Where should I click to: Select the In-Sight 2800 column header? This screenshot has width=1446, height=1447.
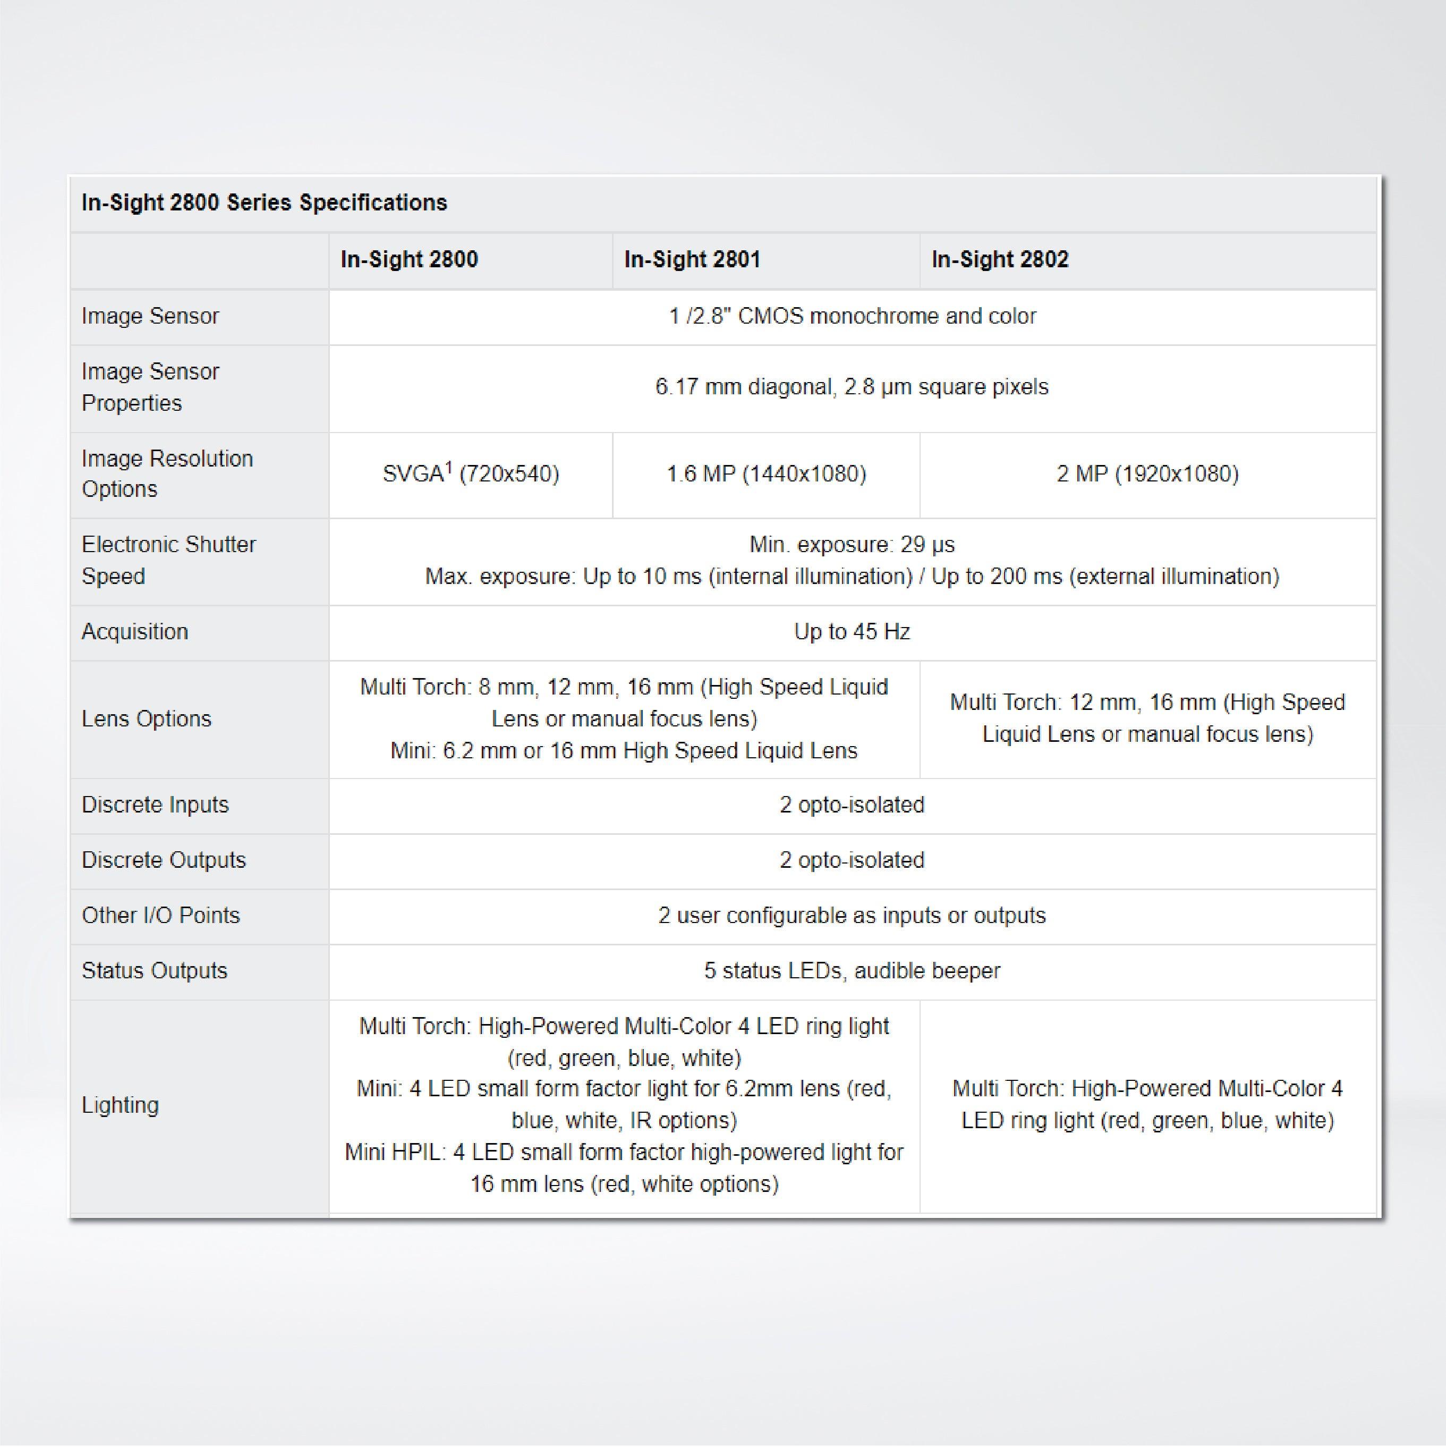pos(409,260)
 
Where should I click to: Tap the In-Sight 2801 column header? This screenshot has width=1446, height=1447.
pos(692,260)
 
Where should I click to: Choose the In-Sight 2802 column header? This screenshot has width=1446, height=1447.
pos(1000,260)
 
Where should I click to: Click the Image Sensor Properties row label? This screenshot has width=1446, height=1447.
pos(150,387)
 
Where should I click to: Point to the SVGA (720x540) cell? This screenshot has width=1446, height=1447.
pos(470,474)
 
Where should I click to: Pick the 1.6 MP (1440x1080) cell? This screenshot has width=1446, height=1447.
pos(766,474)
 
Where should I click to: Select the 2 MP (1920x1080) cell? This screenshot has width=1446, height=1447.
pos(1147,474)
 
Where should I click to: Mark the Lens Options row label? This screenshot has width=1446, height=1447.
pos(147,719)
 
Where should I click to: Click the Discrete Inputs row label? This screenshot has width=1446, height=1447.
pos(155,805)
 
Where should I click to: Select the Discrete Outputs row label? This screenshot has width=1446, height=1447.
pos(163,860)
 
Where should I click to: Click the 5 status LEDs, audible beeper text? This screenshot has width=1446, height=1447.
pos(852,971)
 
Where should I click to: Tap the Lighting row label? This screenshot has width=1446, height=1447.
pos(120,1105)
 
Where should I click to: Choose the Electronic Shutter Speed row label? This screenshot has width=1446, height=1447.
pos(168,560)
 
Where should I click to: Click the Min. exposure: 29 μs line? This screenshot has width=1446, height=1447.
pos(852,545)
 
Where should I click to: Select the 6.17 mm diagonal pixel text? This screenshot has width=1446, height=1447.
pos(852,387)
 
